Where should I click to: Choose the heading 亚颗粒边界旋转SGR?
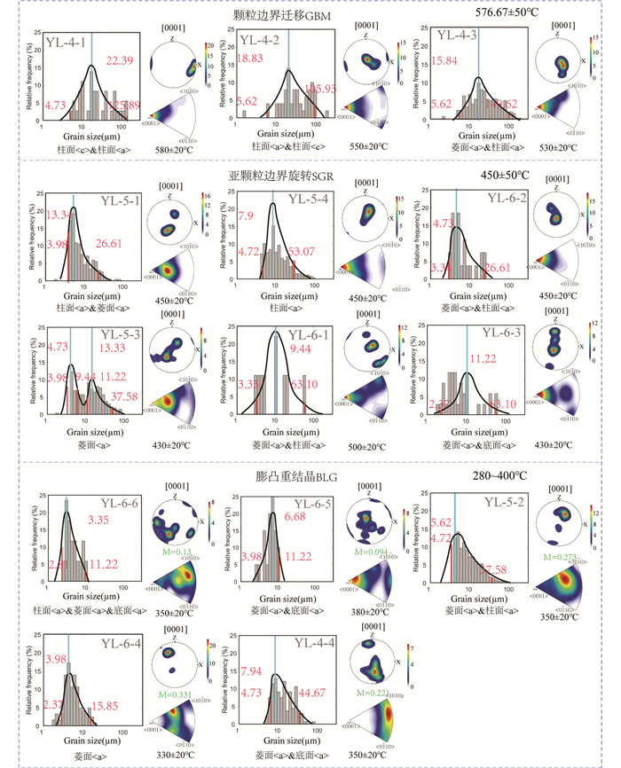click(274, 176)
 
